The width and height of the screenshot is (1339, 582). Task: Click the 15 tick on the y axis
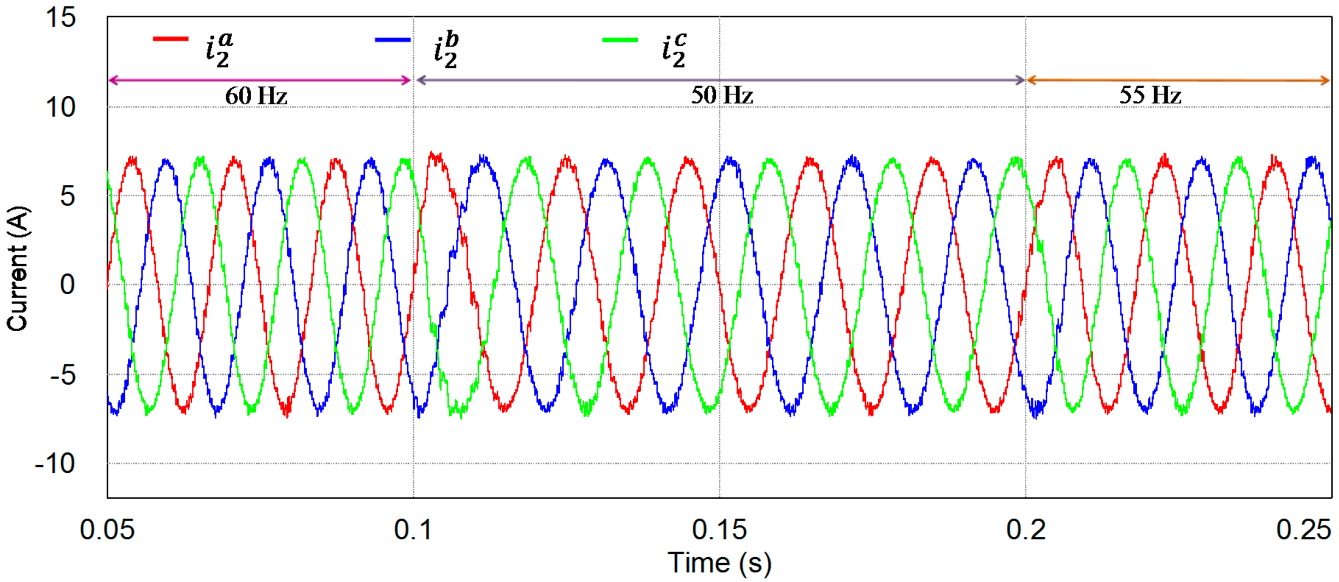[61, 18]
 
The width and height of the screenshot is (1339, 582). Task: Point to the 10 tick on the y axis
[61, 107]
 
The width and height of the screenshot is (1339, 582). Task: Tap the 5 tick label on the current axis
[68, 197]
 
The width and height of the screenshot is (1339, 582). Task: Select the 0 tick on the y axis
[68, 285]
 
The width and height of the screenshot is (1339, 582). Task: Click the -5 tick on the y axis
[63, 374]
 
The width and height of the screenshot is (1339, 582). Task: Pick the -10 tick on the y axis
[55, 463]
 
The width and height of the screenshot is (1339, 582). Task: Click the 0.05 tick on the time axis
[107, 529]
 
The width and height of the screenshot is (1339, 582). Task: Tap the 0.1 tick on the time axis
[413, 529]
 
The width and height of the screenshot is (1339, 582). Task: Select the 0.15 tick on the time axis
[719, 529]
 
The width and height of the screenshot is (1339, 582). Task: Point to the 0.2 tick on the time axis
[1025, 529]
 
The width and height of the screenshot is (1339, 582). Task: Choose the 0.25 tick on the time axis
[1304, 529]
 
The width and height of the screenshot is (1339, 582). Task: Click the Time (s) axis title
[719, 563]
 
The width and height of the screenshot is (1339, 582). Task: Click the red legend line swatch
[170, 39]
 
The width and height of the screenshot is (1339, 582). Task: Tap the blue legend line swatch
[393, 39]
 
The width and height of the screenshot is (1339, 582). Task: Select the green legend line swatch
[620, 40]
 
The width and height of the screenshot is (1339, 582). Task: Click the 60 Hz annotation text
[256, 96]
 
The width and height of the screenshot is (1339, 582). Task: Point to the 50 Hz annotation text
[722, 95]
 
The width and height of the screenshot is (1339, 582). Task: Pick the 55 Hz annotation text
[1150, 95]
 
